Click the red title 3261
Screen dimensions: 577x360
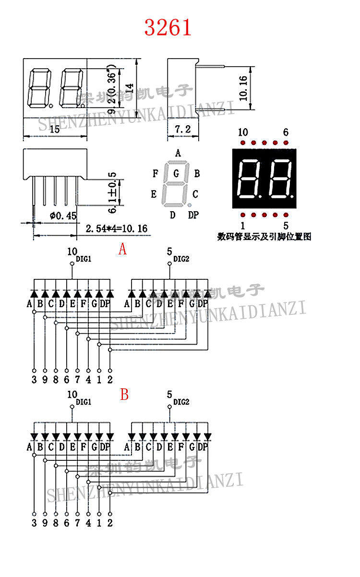(x=168, y=28)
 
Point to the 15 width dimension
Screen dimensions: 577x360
(x=54, y=129)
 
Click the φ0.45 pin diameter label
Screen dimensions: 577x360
(x=63, y=216)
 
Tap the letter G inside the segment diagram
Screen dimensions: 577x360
(x=177, y=172)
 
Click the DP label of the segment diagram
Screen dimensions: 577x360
(x=193, y=215)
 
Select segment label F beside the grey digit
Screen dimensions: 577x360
(x=155, y=173)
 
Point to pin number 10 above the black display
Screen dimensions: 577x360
(x=243, y=132)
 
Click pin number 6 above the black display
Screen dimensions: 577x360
(x=286, y=132)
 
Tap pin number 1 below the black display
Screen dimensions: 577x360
(x=243, y=225)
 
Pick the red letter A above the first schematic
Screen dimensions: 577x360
(x=123, y=249)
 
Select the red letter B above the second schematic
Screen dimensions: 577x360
(x=124, y=395)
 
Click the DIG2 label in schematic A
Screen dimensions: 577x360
(x=181, y=259)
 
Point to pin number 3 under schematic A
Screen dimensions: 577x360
(x=34, y=380)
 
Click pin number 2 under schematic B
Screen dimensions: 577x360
(x=110, y=523)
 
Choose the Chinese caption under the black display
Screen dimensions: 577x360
(x=264, y=237)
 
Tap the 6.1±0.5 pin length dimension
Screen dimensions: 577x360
(x=112, y=193)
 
